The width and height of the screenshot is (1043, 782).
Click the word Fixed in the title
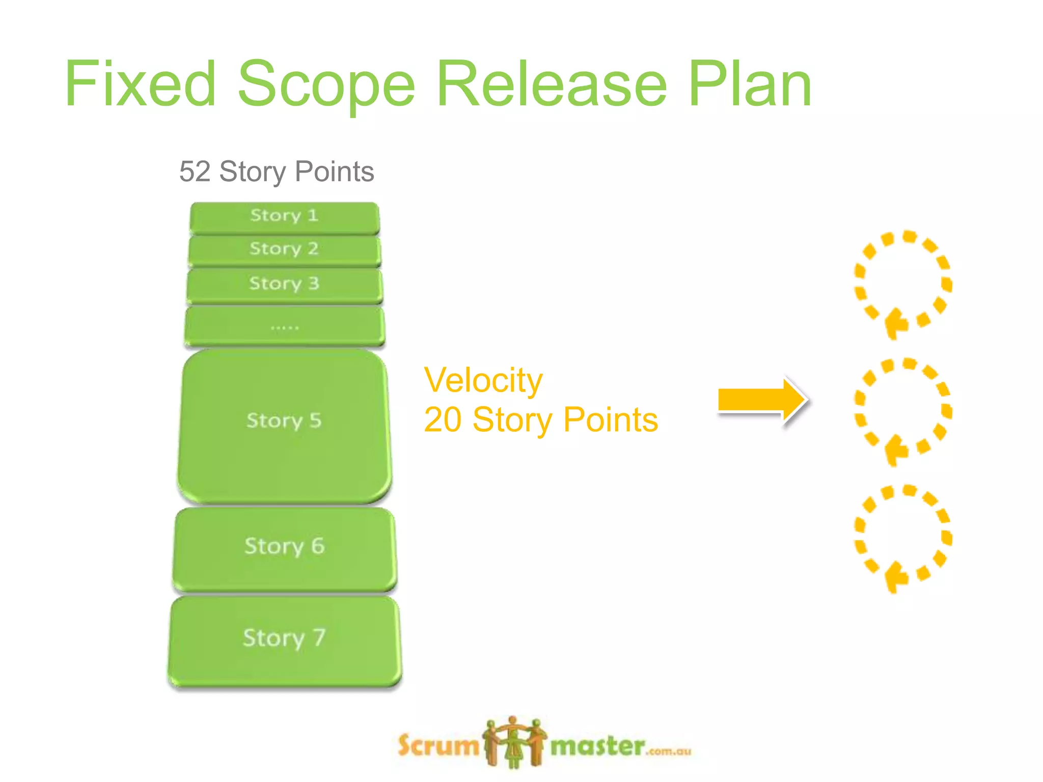(x=141, y=84)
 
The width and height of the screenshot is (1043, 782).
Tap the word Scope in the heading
(x=326, y=84)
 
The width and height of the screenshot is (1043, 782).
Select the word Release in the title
(x=552, y=84)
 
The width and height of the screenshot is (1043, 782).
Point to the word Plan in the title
(x=750, y=84)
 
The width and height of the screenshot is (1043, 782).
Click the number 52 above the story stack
(x=195, y=172)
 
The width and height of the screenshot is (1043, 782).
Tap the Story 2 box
(x=284, y=250)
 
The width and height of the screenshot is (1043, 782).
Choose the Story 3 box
(x=284, y=285)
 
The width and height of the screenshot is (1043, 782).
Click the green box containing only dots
(x=284, y=326)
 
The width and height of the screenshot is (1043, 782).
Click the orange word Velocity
(x=483, y=380)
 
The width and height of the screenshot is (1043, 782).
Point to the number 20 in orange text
(x=442, y=420)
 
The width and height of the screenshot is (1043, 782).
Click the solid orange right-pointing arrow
(x=761, y=400)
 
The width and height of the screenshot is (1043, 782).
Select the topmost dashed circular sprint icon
(x=903, y=283)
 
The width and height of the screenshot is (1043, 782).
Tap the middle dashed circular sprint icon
(x=903, y=410)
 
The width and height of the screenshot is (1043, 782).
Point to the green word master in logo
(x=597, y=747)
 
